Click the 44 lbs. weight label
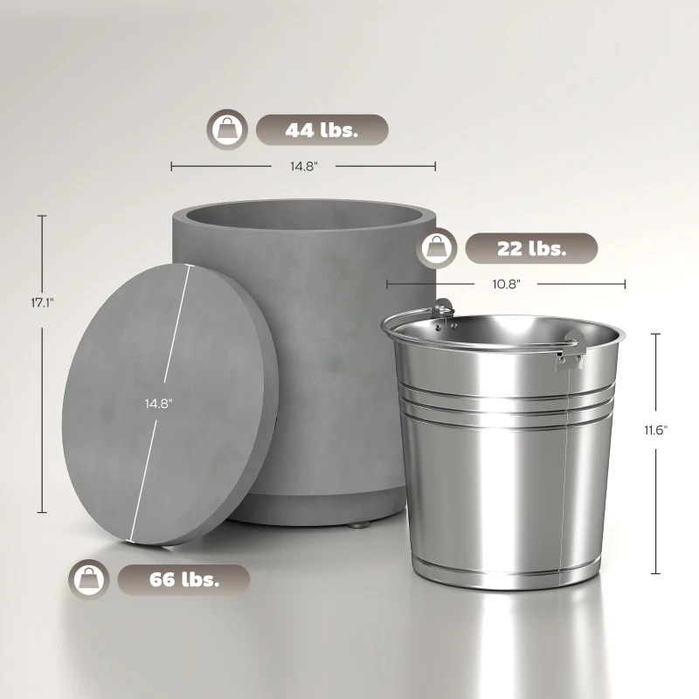click(321, 130)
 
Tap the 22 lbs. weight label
click(531, 248)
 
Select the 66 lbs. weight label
click(183, 578)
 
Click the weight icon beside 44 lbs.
click(225, 130)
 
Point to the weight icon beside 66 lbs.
click(89, 578)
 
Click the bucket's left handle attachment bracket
click(444, 309)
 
